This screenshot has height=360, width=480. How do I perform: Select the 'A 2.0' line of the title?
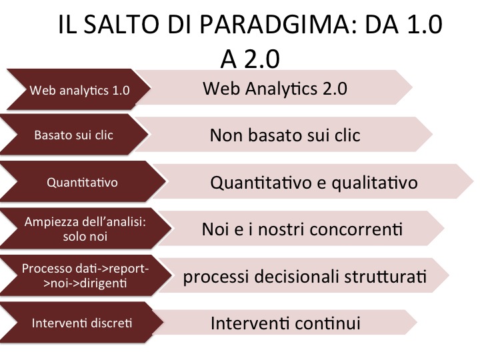pos(250,59)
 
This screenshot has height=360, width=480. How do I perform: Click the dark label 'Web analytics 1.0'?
pos(79,90)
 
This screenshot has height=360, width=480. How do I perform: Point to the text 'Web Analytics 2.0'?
pos(275,89)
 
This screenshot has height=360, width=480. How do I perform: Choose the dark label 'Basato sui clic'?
pos(73,135)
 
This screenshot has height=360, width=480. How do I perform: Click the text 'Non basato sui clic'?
pos(285,135)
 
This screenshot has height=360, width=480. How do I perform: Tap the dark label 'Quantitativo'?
pos(82,183)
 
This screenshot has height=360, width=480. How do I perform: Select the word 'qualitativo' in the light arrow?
pos(375,183)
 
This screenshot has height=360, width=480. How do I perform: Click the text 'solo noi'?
pos(85,236)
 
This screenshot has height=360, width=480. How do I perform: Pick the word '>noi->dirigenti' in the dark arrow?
pos(85,283)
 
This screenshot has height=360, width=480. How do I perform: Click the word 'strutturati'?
pos(385,277)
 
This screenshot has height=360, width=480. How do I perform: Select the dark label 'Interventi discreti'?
pos(82,323)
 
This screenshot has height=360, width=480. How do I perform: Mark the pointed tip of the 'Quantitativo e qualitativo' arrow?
pos(473,181)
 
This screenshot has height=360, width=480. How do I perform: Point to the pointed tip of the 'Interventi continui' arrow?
pos(417,322)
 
